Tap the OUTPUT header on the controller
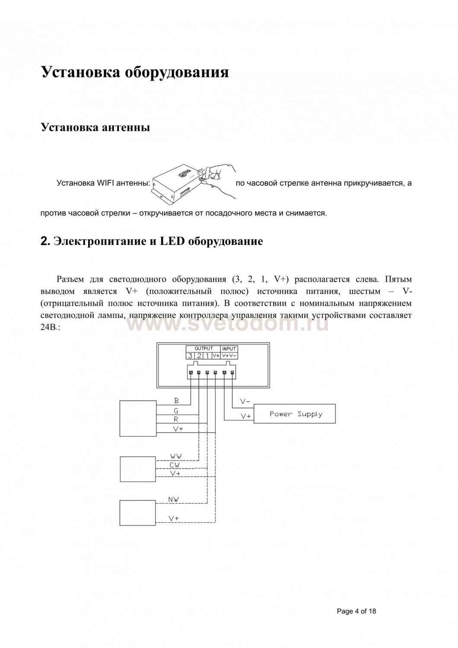(x=204, y=348)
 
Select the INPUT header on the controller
(x=229, y=349)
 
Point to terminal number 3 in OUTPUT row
(x=190, y=356)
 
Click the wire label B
(x=176, y=401)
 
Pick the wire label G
(x=176, y=410)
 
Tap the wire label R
(x=176, y=419)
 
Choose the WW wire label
(x=175, y=456)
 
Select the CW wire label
(x=175, y=465)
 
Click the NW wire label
(x=174, y=499)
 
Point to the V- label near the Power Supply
(x=245, y=402)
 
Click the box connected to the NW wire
(x=137, y=513)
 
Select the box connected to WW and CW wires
(x=137, y=469)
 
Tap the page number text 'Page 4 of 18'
(x=356, y=611)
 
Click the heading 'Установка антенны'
(x=95, y=127)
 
